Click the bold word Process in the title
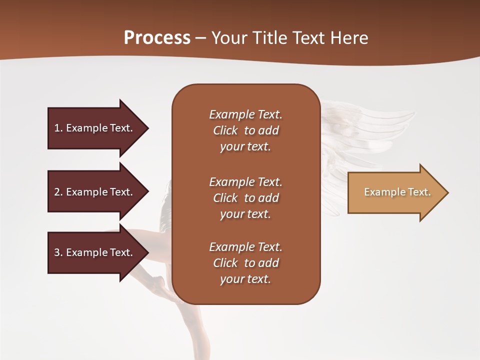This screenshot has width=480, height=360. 157,38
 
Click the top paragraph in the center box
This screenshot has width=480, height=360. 245,130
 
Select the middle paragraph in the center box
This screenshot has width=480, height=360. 245,198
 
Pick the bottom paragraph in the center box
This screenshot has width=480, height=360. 245,263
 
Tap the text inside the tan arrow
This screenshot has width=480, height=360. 397,192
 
